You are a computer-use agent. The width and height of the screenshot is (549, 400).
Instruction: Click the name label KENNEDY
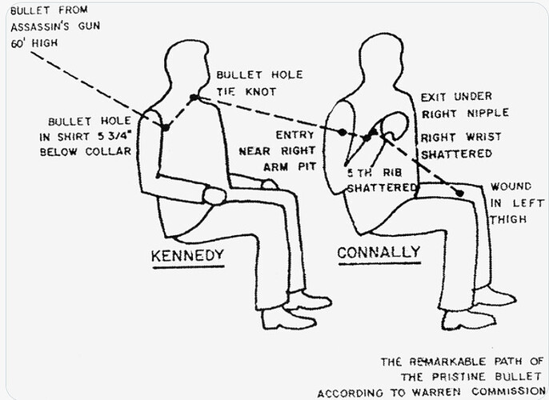tap(188, 256)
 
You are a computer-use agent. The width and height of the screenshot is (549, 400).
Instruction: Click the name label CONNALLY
tap(379, 253)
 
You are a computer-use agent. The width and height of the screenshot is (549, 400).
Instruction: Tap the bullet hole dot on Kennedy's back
tap(165, 126)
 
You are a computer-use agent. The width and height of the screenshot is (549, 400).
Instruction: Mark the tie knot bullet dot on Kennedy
tap(193, 98)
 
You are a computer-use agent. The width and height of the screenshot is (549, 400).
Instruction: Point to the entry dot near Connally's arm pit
tap(343, 131)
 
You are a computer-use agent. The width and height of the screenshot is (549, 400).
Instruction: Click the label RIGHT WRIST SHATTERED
tap(461, 145)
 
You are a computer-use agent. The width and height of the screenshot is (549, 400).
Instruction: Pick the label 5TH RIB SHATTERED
tap(382, 180)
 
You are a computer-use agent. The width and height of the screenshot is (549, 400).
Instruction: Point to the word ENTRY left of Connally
tap(295, 135)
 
